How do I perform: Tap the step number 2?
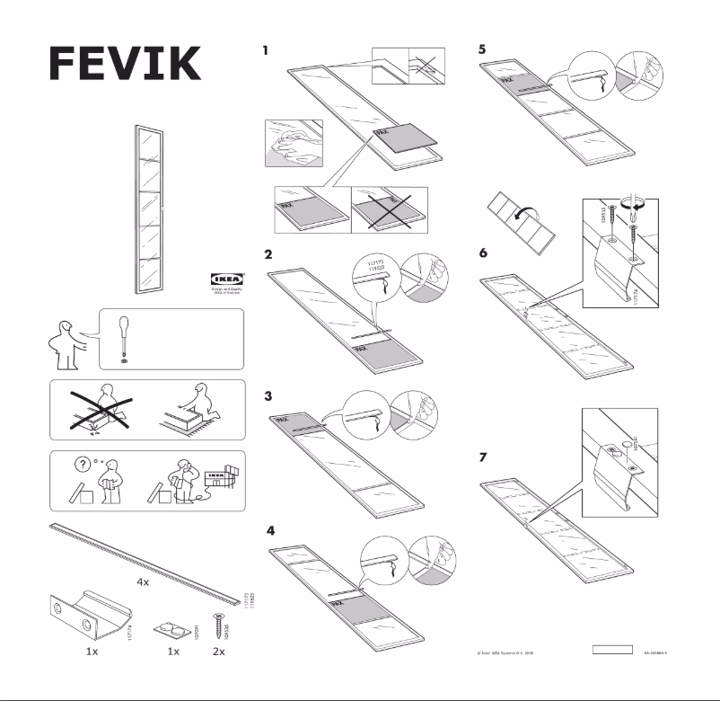[x=268, y=254]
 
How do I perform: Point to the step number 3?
[x=268, y=395]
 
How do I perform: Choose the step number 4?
[x=269, y=530]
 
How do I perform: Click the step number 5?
[x=484, y=50]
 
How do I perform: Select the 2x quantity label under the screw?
[x=216, y=650]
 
